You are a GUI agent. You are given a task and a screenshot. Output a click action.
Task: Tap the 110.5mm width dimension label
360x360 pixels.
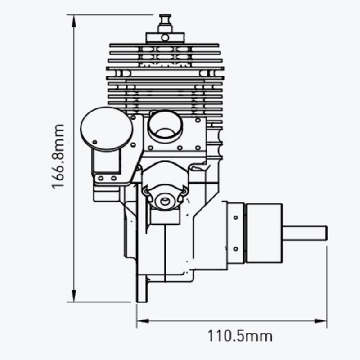tap(239, 336)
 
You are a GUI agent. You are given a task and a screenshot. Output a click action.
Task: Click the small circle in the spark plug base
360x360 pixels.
tap(165, 37)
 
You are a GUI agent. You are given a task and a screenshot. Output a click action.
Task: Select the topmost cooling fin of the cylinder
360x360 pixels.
tap(165, 45)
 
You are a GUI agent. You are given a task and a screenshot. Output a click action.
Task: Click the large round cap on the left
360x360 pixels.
tap(106, 130)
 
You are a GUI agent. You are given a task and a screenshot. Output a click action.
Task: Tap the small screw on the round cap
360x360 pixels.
tap(94, 143)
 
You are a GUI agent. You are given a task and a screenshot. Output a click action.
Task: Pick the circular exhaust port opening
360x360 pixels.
tap(165, 126)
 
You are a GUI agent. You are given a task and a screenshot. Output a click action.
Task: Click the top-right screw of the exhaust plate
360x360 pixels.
tap(198, 121)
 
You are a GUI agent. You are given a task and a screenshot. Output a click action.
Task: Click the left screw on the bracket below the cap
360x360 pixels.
tap(100, 178)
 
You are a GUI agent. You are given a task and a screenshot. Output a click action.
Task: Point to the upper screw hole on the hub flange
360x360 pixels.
tap(235, 218)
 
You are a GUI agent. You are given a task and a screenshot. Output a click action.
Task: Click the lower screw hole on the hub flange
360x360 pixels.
tap(235, 248)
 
